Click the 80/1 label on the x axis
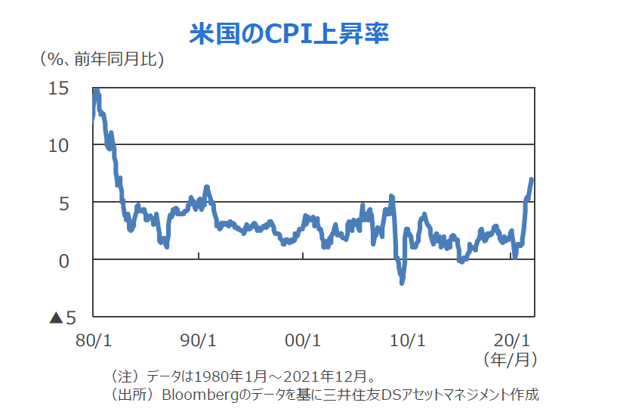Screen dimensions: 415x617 [93, 339]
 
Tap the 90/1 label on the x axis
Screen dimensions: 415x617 [198, 339]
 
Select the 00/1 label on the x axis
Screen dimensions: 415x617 [303, 339]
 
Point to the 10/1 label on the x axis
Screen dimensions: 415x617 [407, 339]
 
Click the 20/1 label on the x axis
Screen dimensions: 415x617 [512, 339]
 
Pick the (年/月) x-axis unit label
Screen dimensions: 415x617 [511, 358]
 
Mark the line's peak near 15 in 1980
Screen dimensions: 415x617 [96, 91]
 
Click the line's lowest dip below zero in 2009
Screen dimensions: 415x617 [402, 282]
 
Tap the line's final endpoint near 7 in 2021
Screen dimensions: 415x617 [532, 179]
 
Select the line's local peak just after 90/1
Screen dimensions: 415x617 [206, 187]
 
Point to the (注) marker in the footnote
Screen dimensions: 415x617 [125, 376]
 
